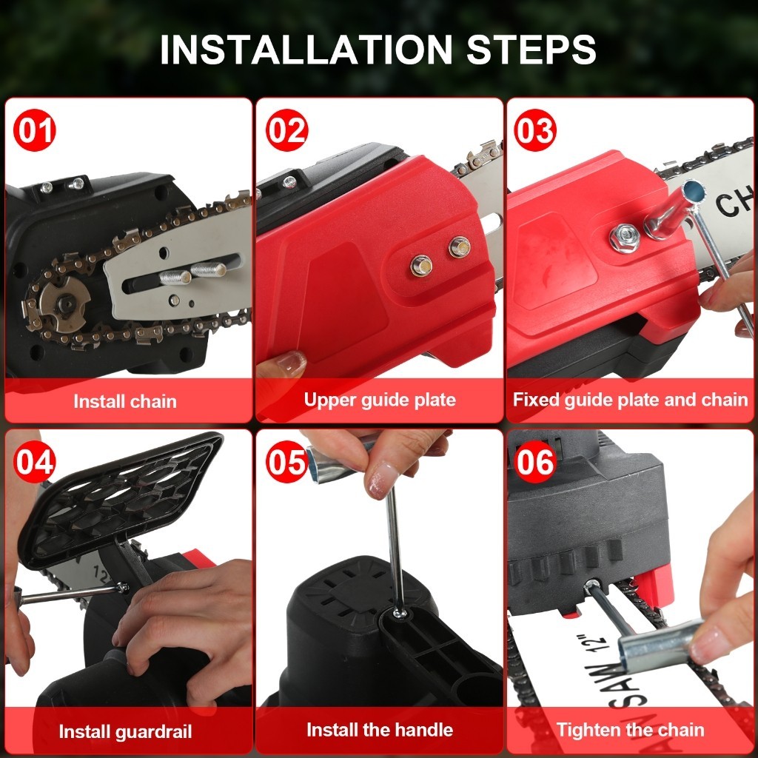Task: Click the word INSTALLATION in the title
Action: (306, 50)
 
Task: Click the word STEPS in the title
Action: (531, 50)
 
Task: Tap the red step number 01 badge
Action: (34, 130)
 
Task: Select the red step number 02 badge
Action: (286, 130)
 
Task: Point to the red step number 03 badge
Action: (535, 130)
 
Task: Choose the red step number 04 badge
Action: (34, 462)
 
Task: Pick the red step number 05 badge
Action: (286, 462)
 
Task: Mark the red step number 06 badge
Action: (535, 462)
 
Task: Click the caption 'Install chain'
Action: (125, 401)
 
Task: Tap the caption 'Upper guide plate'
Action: (380, 400)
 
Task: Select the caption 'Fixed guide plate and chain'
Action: (631, 400)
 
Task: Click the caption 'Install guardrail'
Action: (125, 731)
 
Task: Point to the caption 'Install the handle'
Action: (380, 729)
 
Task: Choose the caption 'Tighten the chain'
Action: (631, 730)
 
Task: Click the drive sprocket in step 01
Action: (64, 303)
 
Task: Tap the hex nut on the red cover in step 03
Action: (625, 238)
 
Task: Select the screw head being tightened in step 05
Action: (399, 614)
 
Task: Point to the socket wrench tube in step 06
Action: (660, 645)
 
